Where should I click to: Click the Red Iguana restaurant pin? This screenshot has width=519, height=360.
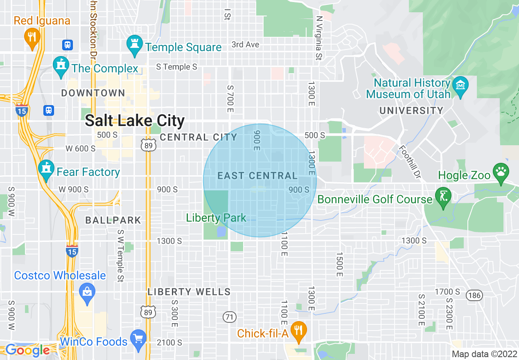coord(32,37)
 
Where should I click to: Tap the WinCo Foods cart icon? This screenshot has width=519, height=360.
coord(138,338)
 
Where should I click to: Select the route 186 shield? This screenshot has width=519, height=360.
coord(474,295)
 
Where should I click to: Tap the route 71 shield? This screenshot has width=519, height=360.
coord(230,316)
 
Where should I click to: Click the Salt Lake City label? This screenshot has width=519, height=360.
coord(135,121)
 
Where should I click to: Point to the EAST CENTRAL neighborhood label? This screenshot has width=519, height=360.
coord(257,176)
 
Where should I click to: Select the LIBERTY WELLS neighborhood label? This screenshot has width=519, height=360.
coord(189,292)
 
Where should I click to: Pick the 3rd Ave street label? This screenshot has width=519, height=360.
coord(245,44)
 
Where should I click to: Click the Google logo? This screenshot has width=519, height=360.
coord(28,350)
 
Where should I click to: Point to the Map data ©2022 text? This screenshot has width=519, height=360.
coord(484,354)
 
